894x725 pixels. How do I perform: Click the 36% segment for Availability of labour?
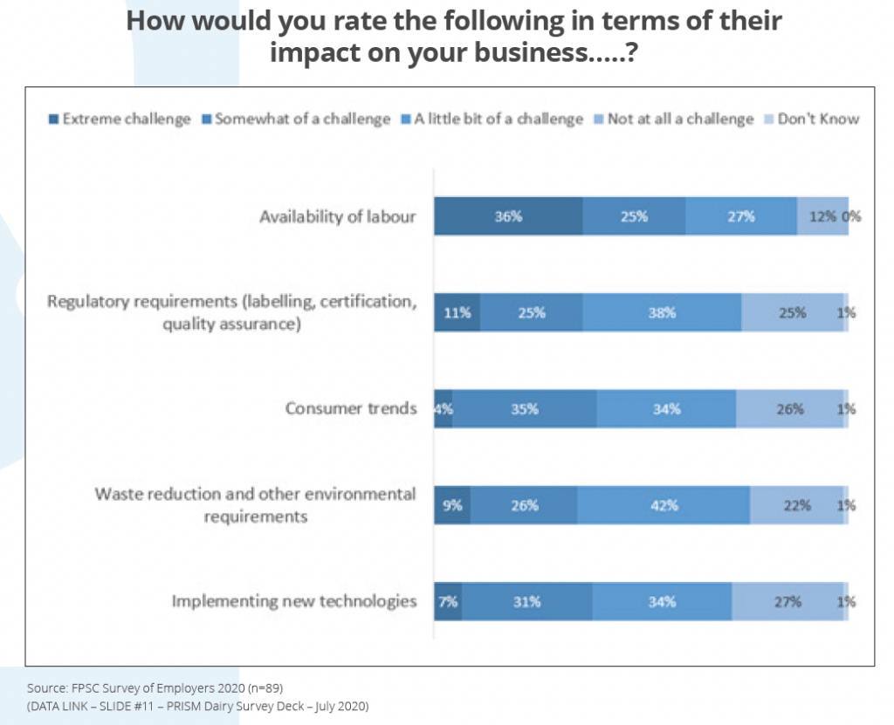[x=508, y=216]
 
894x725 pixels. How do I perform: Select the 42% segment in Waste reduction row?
[x=663, y=505]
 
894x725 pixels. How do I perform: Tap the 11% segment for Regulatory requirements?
[x=457, y=312]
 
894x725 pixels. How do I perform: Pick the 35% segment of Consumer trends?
[x=524, y=408]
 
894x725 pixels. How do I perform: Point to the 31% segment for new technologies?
[x=526, y=601]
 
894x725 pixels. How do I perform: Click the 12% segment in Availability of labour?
[x=821, y=216]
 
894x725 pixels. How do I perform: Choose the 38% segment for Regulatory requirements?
[x=662, y=312]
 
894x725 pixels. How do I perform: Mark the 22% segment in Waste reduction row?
[x=796, y=505]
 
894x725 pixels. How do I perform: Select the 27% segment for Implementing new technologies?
[x=787, y=601]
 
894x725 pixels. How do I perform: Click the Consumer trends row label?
[x=351, y=408]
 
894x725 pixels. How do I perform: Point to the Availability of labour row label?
[x=337, y=216]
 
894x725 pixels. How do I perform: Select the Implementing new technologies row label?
[x=293, y=601]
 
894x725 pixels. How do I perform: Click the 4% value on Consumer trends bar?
[x=444, y=408]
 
